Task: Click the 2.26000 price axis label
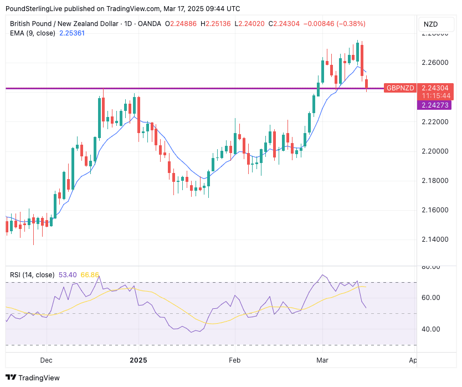click(x=435, y=63)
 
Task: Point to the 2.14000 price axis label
click(x=435, y=240)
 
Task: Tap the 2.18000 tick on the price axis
click(x=435, y=181)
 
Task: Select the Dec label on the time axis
click(x=46, y=360)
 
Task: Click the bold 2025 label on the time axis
click(x=138, y=360)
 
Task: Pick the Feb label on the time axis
click(x=234, y=360)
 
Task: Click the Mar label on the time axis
click(x=322, y=360)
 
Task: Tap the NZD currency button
click(x=432, y=24)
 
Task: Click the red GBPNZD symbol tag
click(x=400, y=88)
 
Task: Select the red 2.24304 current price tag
click(x=435, y=88)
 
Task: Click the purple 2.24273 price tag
click(x=435, y=105)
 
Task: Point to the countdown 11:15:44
click(x=435, y=95)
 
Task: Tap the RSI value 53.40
click(x=68, y=274)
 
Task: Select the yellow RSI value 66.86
click(x=90, y=274)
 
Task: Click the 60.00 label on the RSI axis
click(x=431, y=298)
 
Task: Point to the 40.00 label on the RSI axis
click(x=431, y=329)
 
